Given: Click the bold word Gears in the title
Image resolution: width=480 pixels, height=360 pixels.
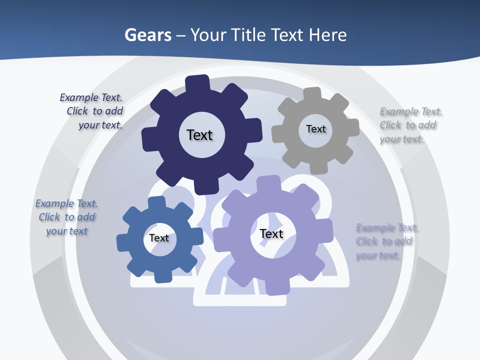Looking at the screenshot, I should tap(148, 35).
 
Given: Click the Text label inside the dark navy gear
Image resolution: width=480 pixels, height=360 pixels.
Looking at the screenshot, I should tap(199, 135).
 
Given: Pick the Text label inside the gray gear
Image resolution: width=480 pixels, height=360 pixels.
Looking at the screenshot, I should tap(315, 129).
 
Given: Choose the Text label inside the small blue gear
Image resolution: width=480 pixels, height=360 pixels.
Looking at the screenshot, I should tap(159, 238).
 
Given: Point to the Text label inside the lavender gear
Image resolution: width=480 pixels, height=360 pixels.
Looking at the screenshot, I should tap(271, 233).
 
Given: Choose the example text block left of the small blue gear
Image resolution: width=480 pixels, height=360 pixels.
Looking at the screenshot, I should tap(66, 217).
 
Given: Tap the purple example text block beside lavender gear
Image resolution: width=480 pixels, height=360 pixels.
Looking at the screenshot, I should tap(387, 241).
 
